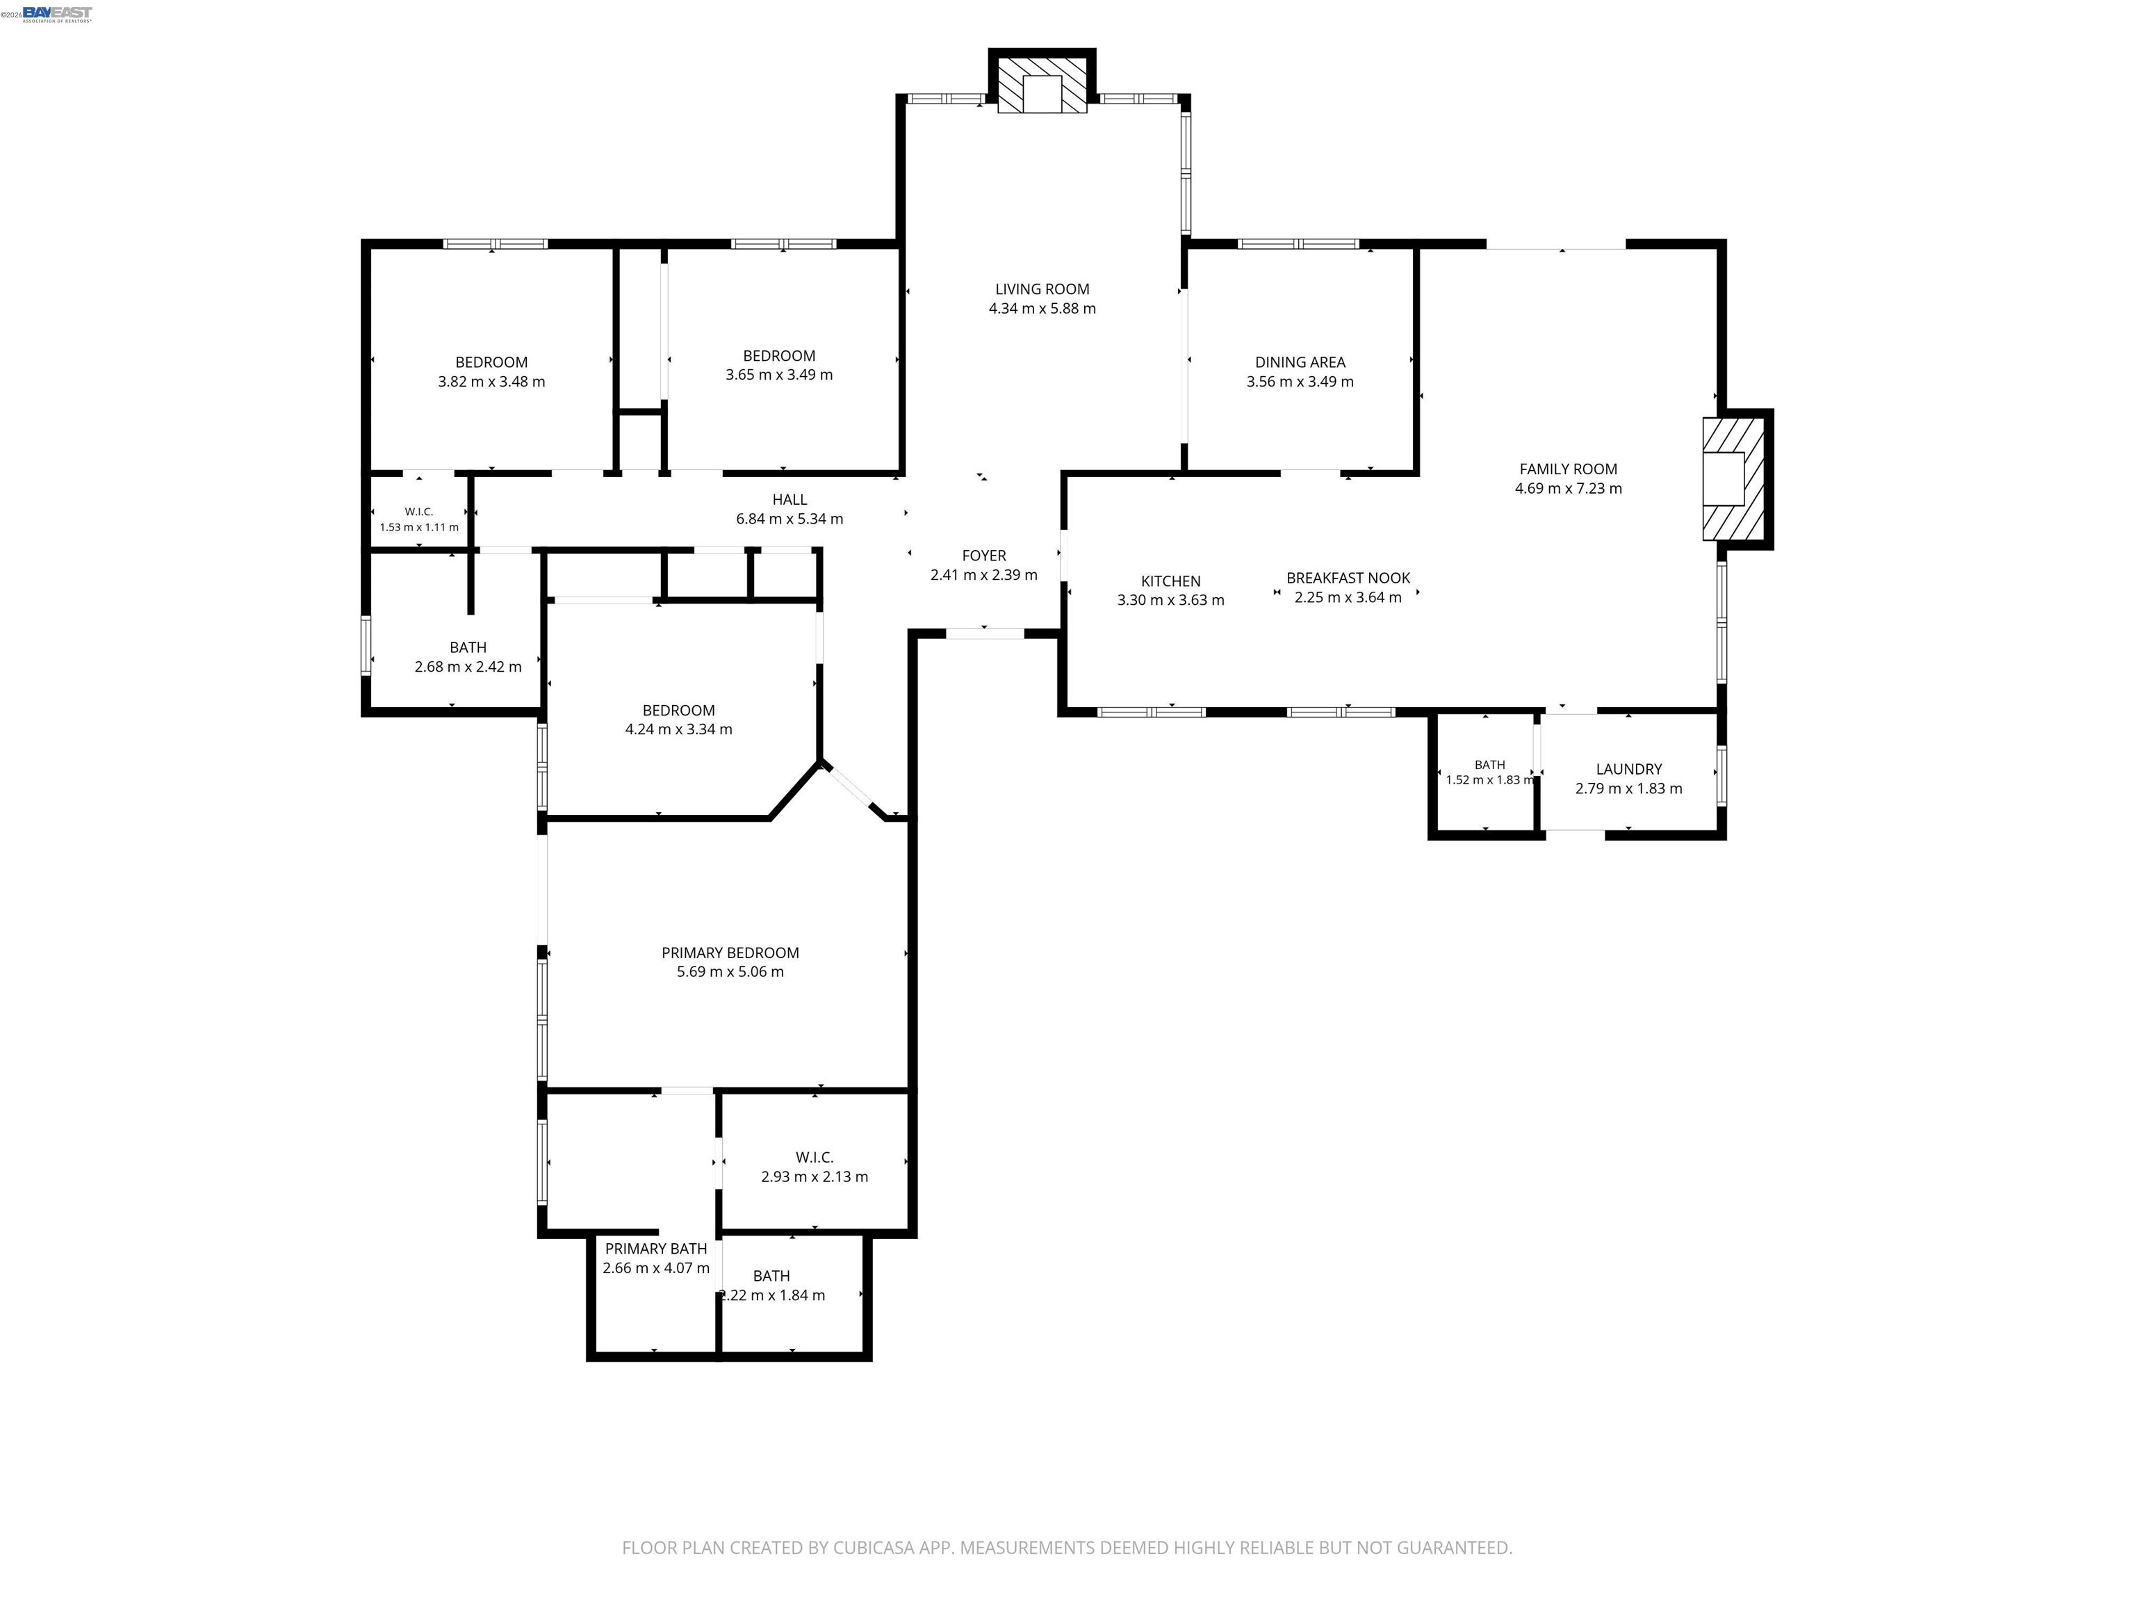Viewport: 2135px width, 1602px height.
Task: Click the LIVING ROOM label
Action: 1042,289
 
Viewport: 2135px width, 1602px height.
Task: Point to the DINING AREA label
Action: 1300,362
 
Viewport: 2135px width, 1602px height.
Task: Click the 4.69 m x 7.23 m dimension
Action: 1569,489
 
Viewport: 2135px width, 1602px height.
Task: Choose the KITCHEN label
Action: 1171,581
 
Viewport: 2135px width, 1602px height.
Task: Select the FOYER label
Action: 985,556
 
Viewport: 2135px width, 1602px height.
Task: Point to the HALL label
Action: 790,499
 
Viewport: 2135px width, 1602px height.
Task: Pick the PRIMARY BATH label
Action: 656,1249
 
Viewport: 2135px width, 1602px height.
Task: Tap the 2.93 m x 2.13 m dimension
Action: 815,1177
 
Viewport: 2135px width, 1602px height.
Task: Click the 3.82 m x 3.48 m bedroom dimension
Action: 491,382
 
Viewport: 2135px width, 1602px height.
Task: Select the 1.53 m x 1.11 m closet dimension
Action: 419,527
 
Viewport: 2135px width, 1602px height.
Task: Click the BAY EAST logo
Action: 57,13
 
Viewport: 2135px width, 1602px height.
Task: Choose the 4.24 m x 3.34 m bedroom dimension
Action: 678,730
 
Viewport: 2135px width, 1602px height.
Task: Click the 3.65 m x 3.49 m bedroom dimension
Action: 779,375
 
